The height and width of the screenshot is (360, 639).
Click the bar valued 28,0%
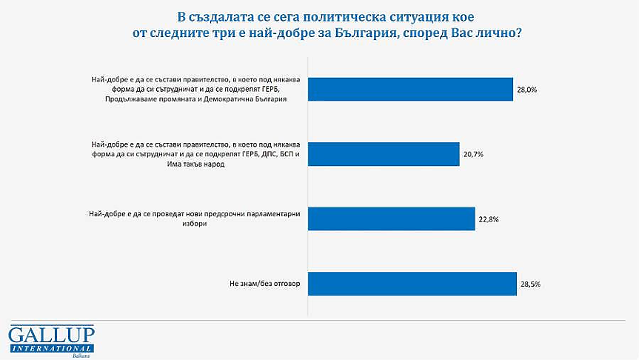410,89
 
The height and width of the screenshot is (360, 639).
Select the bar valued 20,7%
384,153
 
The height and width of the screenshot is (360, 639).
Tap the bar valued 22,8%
391,219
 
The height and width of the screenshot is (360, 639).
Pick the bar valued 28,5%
412,284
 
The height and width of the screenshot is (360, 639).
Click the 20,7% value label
473,154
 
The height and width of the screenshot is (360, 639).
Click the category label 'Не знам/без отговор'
263,284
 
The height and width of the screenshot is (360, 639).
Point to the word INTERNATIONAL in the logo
51,347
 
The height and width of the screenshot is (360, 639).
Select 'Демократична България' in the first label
252,99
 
